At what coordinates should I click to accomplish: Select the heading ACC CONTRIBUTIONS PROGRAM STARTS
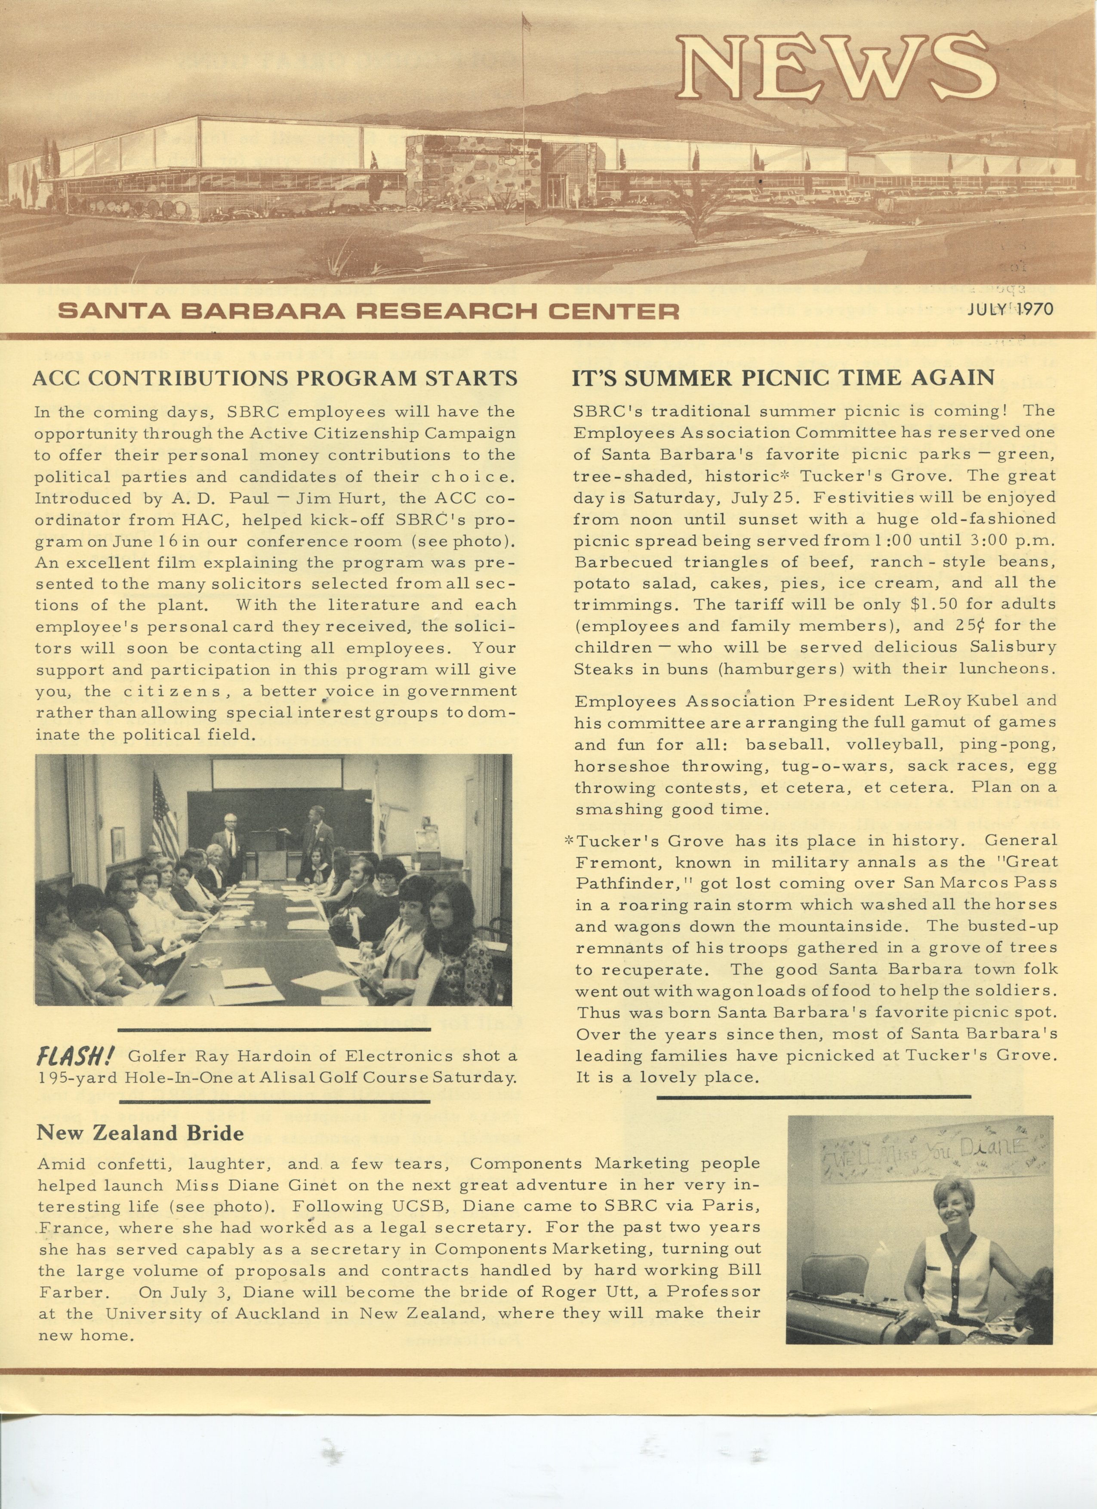(275, 378)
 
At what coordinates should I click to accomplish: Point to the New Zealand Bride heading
(140, 1132)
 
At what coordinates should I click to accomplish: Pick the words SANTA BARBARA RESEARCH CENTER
(369, 311)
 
